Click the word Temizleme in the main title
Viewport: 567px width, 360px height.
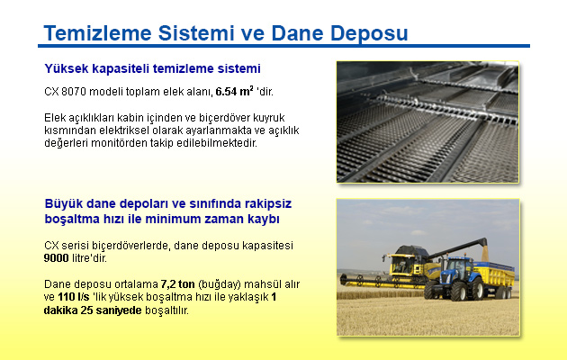click(x=97, y=33)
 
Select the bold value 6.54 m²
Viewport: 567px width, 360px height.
click(x=234, y=92)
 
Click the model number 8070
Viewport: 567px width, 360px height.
click(x=74, y=92)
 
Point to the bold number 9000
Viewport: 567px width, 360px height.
click(x=56, y=258)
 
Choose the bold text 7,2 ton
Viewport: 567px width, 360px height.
click(x=178, y=284)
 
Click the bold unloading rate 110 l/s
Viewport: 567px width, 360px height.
click(x=74, y=297)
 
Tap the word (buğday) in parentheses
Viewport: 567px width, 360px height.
click(x=220, y=284)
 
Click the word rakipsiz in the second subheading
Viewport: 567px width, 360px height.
click(x=268, y=204)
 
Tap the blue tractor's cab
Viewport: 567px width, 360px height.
click(x=458, y=266)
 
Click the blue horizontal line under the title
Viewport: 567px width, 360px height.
click(x=283, y=46)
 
